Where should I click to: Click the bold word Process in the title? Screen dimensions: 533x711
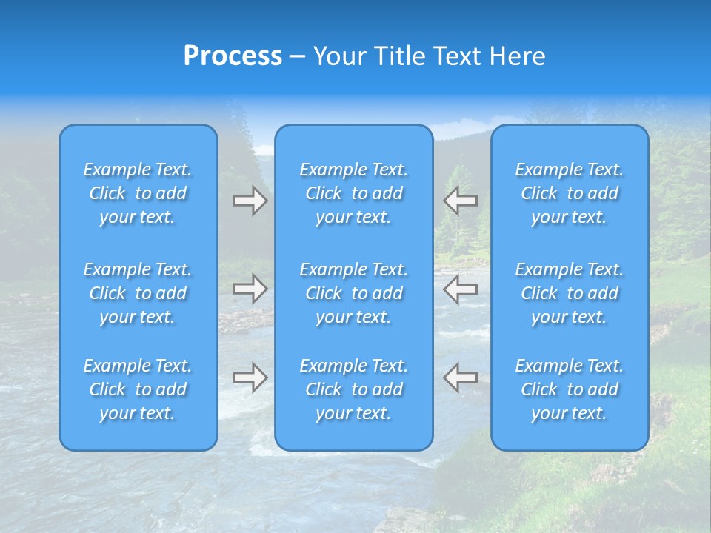pyautogui.click(x=233, y=56)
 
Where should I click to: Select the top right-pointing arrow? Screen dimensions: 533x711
pyautogui.click(x=250, y=201)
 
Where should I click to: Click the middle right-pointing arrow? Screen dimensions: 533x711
pyautogui.click(x=250, y=289)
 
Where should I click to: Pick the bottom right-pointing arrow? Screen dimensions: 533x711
pyautogui.click(x=250, y=378)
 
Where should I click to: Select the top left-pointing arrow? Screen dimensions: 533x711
pyautogui.click(x=460, y=200)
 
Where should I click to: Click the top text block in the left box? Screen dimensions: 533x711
pyautogui.click(x=138, y=193)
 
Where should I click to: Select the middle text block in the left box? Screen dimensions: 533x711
pyautogui.click(x=138, y=293)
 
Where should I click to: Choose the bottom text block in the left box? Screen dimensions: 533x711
pyautogui.click(x=138, y=389)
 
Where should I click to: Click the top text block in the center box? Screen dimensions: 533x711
pyautogui.click(x=354, y=193)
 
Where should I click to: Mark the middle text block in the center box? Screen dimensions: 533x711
pyautogui.click(x=354, y=293)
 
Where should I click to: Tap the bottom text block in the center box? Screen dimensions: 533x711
pyautogui.click(x=354, y=389)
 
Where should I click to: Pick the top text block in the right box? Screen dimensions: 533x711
pyautogui.click(x=570, y=193)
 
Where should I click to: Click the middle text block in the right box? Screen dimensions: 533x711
pyautogui.click(x=570, y=293)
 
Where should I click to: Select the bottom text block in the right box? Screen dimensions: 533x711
pyautogui.click(x=570, y=389)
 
